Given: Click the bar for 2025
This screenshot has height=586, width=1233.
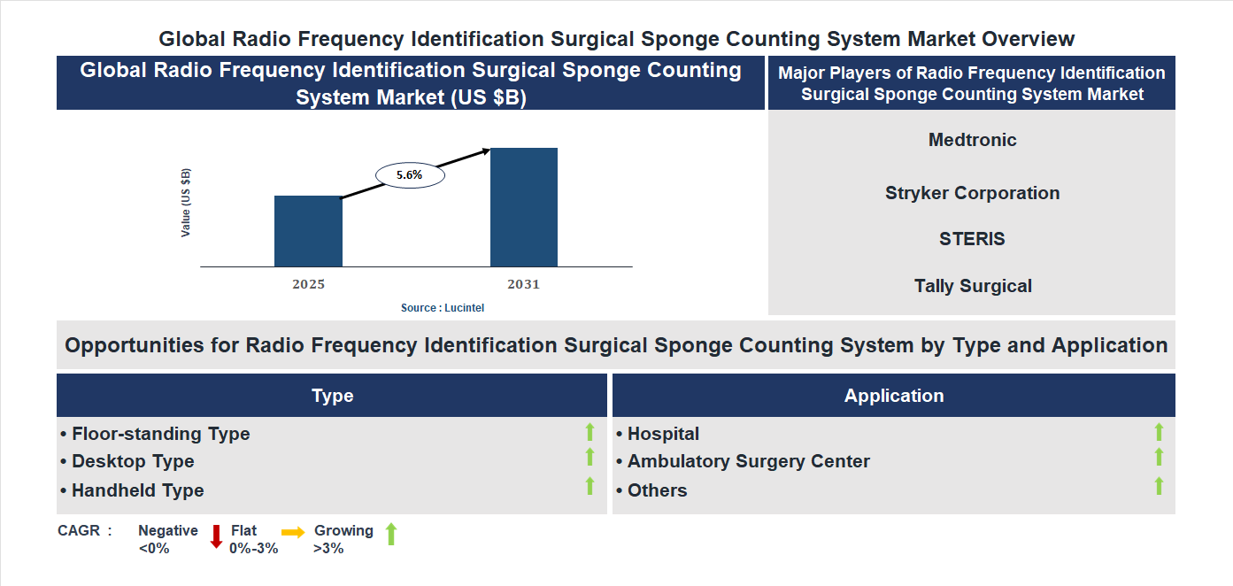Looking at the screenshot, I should (308, 231).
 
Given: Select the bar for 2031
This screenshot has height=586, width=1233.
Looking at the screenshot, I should (524, 207).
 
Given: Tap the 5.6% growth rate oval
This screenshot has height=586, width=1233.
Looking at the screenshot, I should (410, 175).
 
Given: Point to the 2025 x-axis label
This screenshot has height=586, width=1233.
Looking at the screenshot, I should (308, 284).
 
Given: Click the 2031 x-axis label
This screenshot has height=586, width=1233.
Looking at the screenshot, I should (523, 284).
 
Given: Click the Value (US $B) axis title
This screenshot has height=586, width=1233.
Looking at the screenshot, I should (186, 203).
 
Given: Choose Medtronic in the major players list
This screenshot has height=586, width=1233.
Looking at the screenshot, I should (972, 140).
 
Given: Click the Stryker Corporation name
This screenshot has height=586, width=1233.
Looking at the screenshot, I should (972, 193).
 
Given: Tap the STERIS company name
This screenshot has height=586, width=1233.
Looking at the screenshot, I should (972, 239).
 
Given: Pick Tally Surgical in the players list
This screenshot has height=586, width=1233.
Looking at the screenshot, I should (972, 286).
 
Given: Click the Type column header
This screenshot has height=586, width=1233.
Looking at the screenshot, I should (332, 396).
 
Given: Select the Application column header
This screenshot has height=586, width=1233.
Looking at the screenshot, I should (893, 396).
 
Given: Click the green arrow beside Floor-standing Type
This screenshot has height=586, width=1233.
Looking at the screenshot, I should (590, 432).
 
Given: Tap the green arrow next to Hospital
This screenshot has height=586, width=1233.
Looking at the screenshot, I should (1159, 432).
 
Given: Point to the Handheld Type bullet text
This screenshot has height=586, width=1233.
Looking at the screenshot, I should (137, 490).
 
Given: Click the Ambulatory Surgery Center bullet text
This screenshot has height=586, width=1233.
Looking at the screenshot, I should (748, 461).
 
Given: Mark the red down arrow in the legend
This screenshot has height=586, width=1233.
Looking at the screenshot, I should (215, 536).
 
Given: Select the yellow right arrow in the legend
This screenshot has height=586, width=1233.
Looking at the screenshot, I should (293, 532).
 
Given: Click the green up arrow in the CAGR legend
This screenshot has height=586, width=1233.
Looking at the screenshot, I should (391, 534).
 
